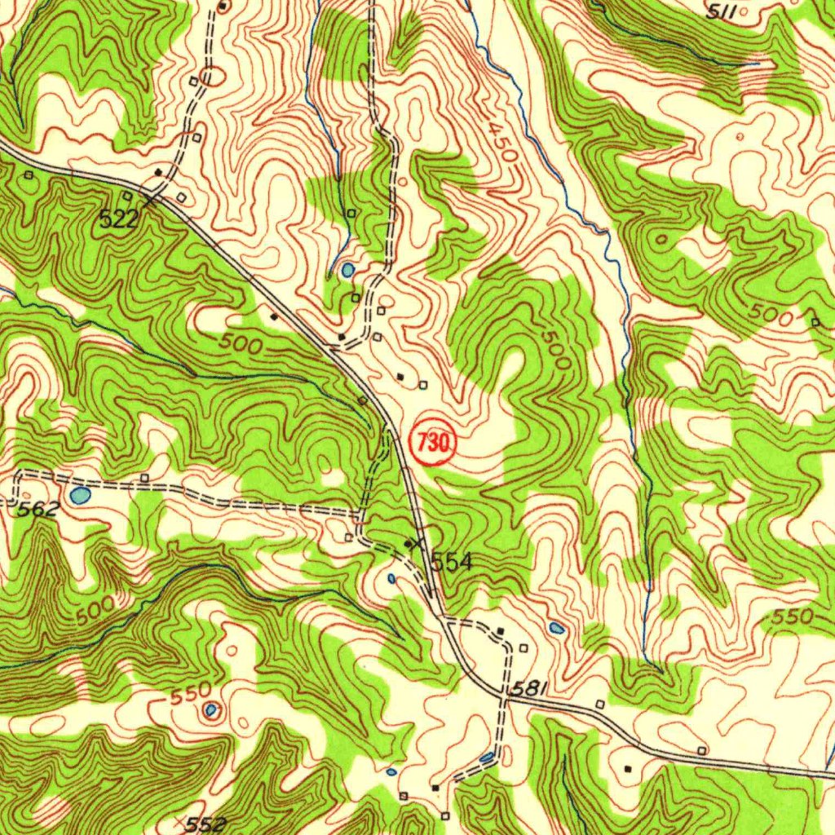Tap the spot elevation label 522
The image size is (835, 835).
click(118, 218)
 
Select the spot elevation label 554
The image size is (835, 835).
click(452, 562)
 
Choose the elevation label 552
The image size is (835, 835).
click(205, 824)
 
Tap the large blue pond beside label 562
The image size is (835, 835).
click(80, 495)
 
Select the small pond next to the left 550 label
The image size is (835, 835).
click(211, 710)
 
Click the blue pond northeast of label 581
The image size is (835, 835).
click(557, 628)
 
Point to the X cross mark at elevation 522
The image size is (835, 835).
click(149, 198)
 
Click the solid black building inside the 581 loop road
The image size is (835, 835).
click(500, 631)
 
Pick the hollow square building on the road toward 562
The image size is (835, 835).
click(144, 477)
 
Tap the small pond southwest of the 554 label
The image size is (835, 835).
click(391, 579)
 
